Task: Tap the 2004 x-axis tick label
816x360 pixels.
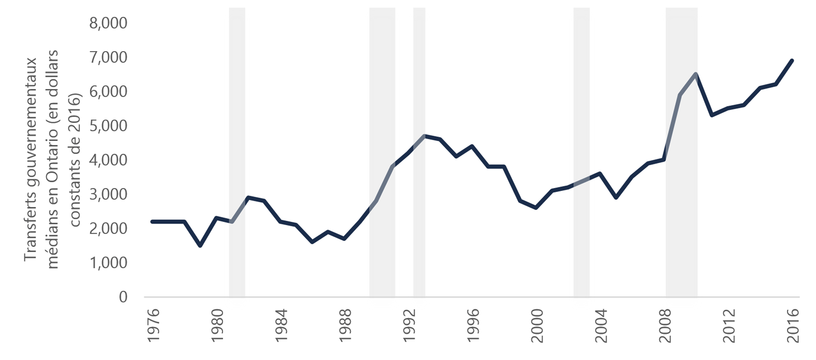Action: (600, 325)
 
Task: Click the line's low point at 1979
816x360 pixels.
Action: (200, 246)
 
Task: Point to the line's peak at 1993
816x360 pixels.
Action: (424, 135)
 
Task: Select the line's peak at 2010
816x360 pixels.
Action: (696, 74)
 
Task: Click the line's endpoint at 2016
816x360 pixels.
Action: (792, 60)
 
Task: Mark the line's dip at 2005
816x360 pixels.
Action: (615, 197)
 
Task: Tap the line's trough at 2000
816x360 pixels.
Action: (536, 208)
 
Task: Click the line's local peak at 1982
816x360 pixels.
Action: (248, 197)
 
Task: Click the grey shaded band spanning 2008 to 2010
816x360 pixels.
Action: (682, 218)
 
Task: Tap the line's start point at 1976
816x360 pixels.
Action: (152, 221)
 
